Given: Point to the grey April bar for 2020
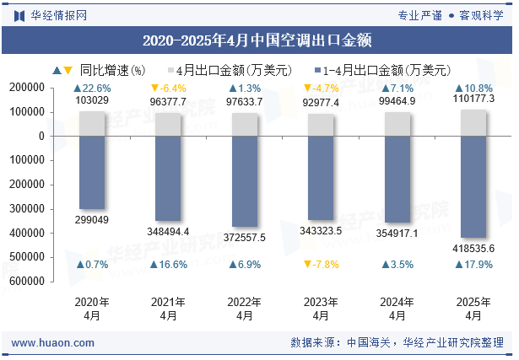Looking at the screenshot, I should point(92,124).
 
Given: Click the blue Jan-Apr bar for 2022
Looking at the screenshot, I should point(245,180).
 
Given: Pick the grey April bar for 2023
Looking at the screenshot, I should point(321,125).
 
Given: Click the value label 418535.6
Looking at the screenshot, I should point(473,247).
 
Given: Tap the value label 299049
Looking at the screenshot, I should point(92,219).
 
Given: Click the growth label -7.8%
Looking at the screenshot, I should point(321,265).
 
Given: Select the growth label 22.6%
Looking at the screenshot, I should point(92,88).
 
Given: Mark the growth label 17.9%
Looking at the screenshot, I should point(473,265).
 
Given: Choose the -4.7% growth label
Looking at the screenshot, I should point(321,88).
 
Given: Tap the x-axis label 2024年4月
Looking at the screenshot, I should point(397,309).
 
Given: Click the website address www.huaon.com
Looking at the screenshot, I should point(53,343).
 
